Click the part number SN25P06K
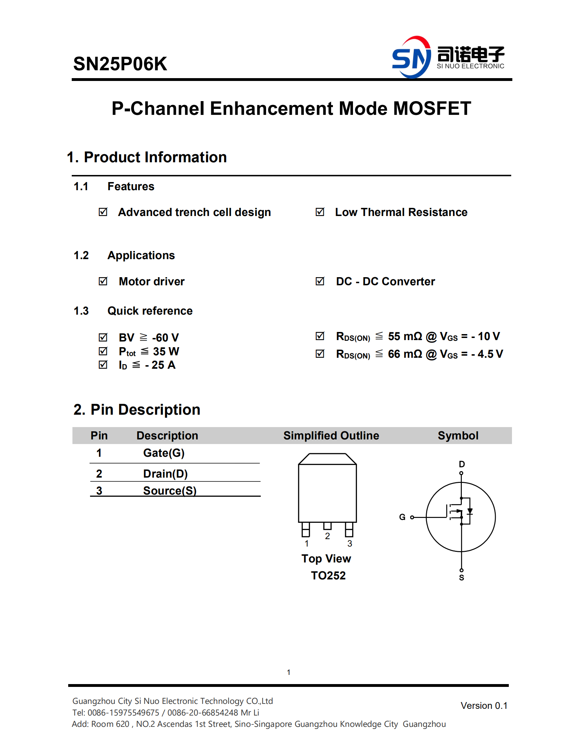tap(120, 64)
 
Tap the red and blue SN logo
tap(412, 57)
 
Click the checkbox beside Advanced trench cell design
tap(103, 212)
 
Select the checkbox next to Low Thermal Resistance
tap(320, 212)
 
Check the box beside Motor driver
tap(103, 281)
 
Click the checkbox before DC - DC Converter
tap(320, 281)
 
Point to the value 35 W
tap(166, 351)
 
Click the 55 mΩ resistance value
tap(405, 336)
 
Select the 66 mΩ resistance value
tap(405, 354)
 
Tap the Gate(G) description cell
tap(164, 453)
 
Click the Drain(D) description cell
tap(165, 474)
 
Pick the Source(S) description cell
tap(170, 491)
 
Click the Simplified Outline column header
tap(331, 436)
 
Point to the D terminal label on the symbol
tap(462, 464)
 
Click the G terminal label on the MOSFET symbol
tap(402, 517)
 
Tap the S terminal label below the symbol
tap(461, 578)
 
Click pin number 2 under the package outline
tap(328, 536)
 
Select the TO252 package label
tap(328, 576)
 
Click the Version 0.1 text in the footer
tap(484, 706)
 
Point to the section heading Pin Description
tap(137, 410)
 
